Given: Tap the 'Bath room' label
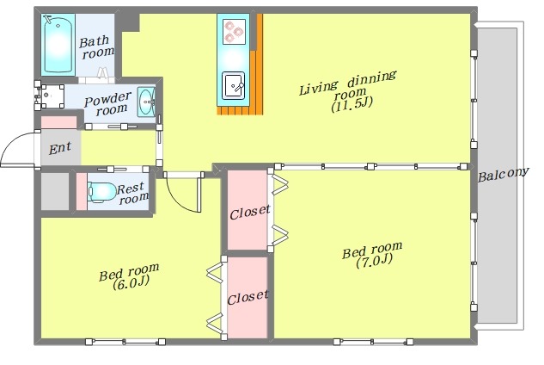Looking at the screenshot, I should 95,46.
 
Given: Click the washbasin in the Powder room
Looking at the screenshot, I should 147,101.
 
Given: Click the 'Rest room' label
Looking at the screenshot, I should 134,194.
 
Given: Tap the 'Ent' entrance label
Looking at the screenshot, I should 59,148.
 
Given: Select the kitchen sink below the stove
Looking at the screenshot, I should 233,85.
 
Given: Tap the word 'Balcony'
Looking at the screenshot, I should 503,175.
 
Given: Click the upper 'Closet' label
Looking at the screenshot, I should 249,209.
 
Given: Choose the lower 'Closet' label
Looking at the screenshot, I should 248,295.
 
